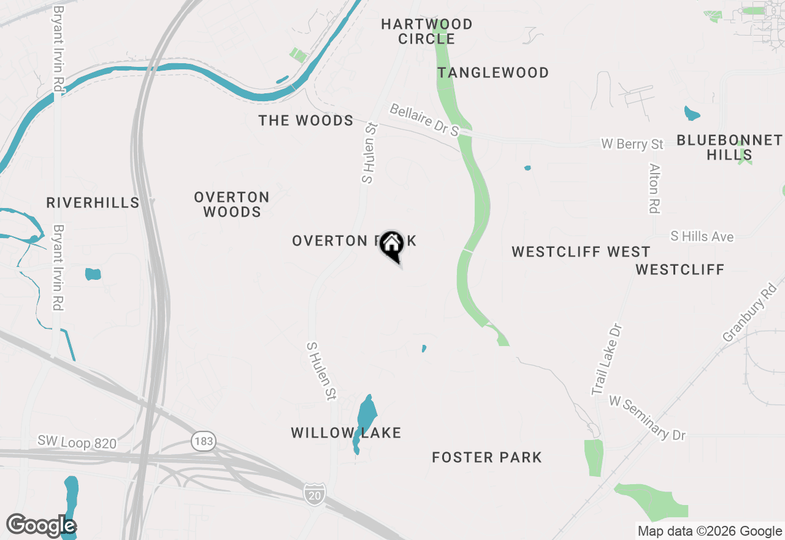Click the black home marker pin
[x=391, y=245]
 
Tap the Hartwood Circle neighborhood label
[x=426, y=31]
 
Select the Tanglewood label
[x=493, y=73]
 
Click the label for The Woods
[x=306, y=120]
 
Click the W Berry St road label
[x=632, y=144]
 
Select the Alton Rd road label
[x=654, y=188]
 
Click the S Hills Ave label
[x=702, y=236]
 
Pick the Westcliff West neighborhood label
[x=581, y=252]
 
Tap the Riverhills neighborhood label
[x=93, y=202]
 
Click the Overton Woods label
[x=232, y=204]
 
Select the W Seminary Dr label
[x=647, y=418]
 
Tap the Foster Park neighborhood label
[x=487, y=457]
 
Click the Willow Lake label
[x=346, y=433]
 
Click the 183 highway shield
[x=203, y=441]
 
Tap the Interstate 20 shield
[x=314, y=492]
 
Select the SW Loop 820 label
[x=77, y=442]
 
